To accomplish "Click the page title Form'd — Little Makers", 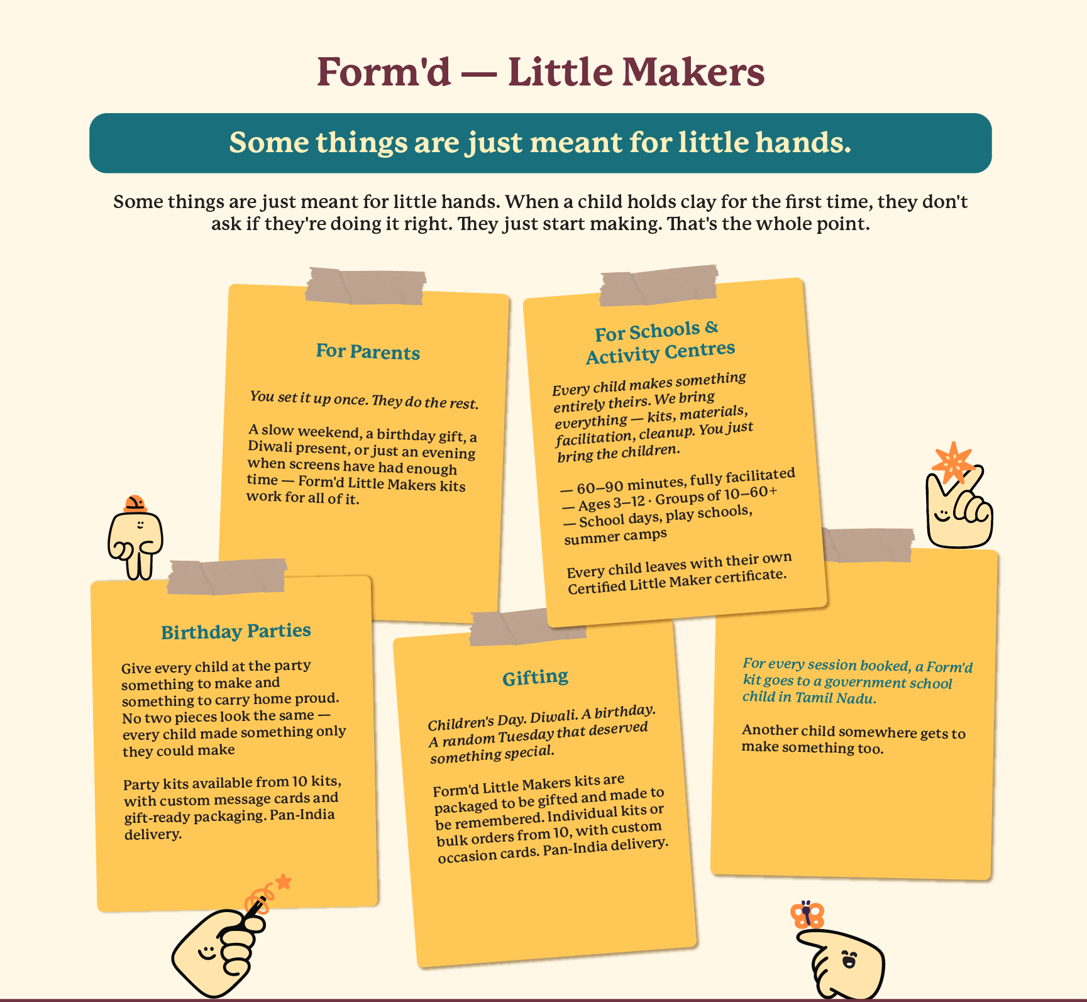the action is (541, 72).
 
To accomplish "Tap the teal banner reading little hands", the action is (541, 143).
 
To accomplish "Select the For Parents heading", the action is (368, 351).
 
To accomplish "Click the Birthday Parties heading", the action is (236, 631).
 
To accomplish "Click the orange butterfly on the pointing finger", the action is (807, 915).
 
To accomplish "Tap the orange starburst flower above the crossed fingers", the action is (953, 463).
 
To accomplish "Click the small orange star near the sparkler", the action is (284, 881).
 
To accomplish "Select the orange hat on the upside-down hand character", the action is (135, 504).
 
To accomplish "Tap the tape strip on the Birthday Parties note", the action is (226, 576).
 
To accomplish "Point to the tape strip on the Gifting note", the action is (527, 627).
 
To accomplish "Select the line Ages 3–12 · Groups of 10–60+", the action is (670, 498).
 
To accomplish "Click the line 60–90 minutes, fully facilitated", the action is (678, 481).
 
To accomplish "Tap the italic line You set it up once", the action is (364, 400).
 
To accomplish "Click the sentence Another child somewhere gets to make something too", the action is (853, 739).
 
